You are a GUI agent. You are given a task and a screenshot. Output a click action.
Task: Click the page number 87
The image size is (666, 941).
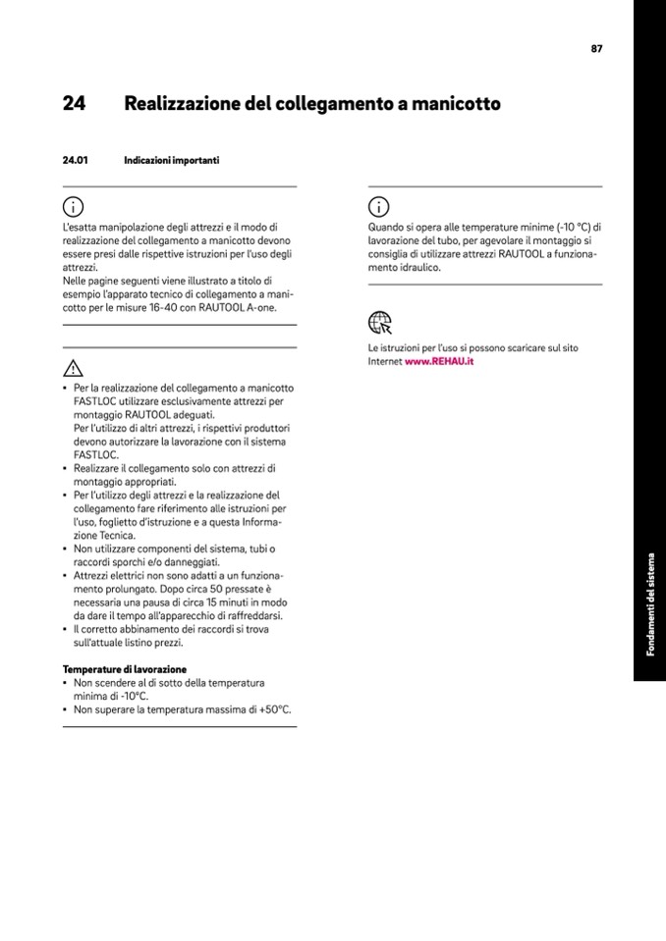click(x=596, y=48)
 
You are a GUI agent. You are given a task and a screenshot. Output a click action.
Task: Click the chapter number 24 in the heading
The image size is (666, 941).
click(x=74, y=104)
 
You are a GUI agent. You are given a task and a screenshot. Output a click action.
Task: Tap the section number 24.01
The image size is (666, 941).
click(x=76, y=159)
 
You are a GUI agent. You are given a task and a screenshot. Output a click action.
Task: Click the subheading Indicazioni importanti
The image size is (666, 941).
click(x=171, y=159)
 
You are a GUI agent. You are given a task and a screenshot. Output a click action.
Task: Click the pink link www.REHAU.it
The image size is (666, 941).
click(x=439, y=361)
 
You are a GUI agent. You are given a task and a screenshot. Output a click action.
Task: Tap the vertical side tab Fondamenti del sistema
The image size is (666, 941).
click(x=649, y=604)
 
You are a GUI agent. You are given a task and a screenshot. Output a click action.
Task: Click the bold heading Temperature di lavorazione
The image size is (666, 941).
click(x=124, y=668)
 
